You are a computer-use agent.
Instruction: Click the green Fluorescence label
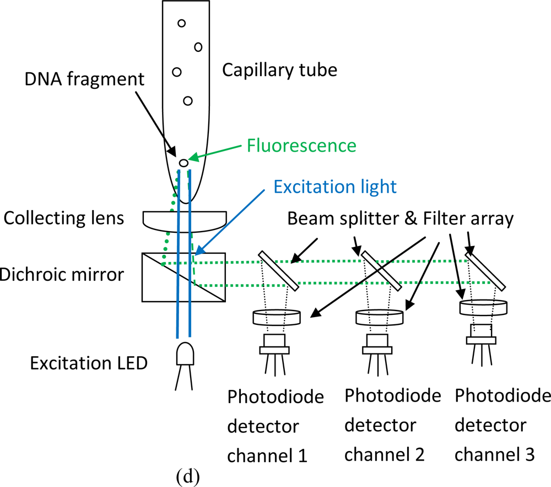301,146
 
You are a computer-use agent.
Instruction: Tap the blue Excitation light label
335,186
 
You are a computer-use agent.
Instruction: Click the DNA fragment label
84,79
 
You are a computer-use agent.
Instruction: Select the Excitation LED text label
89,364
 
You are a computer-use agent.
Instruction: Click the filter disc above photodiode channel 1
277,317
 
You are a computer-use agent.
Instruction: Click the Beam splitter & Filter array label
400,220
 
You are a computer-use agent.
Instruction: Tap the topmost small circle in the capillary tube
181,23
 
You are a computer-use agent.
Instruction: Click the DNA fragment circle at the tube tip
183,163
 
